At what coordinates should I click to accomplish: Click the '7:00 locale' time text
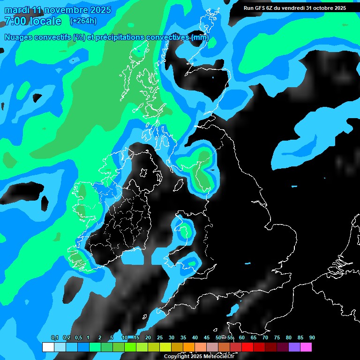[x=33, y=21]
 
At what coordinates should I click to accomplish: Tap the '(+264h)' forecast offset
[x=83, y=21]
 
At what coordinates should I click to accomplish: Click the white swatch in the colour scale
[x=48, y=347]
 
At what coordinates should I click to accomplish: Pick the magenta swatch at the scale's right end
[x=306, y=347]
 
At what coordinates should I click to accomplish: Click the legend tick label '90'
[x=312, y=338]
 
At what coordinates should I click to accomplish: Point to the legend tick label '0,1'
[x=55, y=338]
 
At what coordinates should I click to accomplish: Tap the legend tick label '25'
[x=160, y=338]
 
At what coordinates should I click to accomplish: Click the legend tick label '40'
[x=195, y=338]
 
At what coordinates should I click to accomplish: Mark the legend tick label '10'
[x=125, y=338]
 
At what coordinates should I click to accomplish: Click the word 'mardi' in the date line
[x=17, y=10]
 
